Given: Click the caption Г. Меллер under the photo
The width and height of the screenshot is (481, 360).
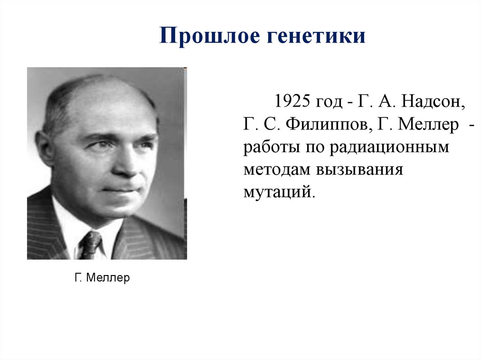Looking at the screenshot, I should pos(102,278).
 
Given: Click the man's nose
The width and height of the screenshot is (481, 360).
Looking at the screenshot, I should pos(126,162).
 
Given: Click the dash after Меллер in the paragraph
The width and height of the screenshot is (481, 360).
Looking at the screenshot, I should pos(472,125).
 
